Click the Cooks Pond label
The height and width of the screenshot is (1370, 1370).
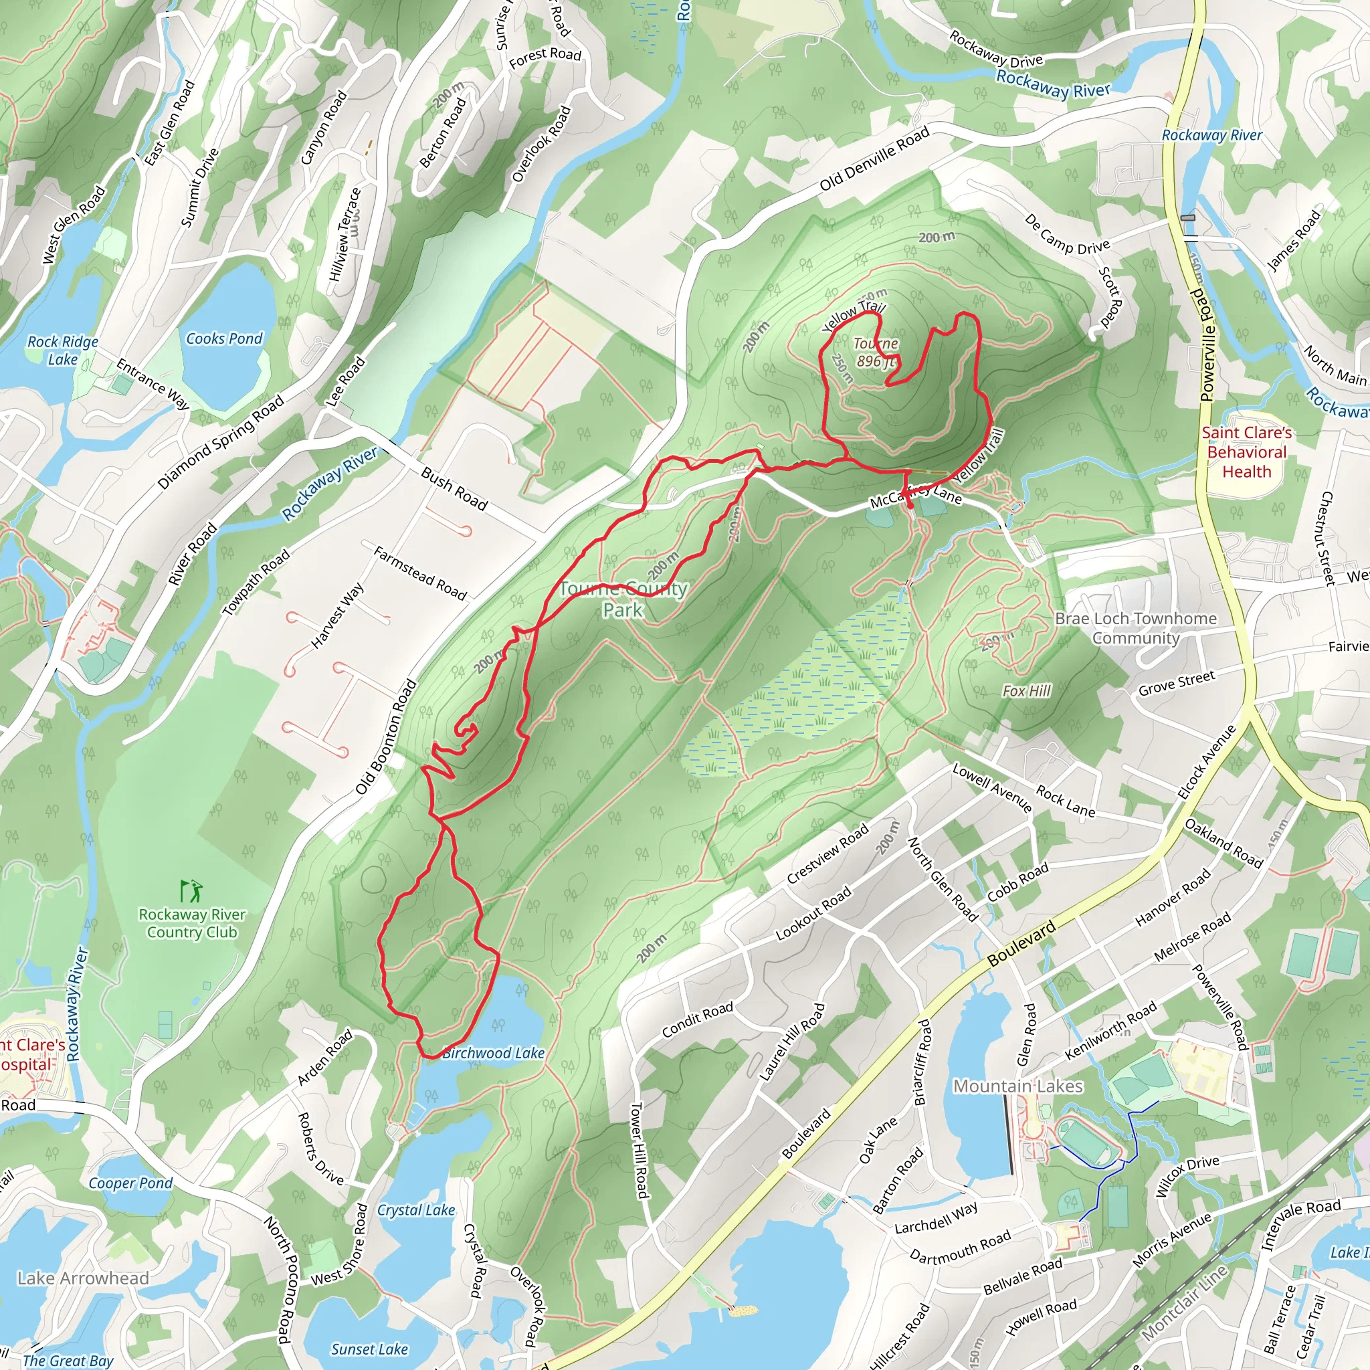(224, 339)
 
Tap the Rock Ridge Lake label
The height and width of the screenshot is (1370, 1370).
(62, 351)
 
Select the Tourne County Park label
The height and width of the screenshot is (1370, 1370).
(623, 599)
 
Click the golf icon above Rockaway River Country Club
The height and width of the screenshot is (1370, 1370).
(191, 890)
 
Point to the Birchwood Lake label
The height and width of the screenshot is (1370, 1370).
(494, 1053)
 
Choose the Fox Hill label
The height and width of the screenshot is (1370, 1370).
(1026, 690)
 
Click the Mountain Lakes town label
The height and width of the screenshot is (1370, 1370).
(1017, 1086)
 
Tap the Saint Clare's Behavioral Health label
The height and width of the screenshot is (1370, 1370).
(1247, 452)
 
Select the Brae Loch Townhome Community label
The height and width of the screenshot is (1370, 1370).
(1135, 628)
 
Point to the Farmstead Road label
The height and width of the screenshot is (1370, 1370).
(420, 574)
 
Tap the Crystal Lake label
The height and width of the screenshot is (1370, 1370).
(415, 1210)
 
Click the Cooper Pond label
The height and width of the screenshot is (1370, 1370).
(130, 1183)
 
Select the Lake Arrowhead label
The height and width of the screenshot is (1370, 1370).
(83, 1278)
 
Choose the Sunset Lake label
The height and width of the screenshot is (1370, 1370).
(369, 1349)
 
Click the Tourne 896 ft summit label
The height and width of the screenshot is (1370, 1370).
(876, 353)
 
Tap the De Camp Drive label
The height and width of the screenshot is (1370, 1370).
(1067, 235)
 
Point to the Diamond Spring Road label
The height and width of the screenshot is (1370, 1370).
(221, 442)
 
